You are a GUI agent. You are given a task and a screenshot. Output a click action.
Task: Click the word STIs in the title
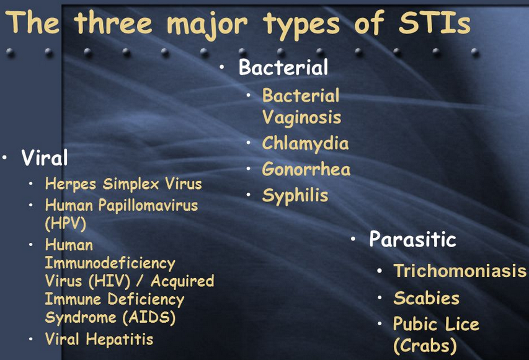pos(435,23)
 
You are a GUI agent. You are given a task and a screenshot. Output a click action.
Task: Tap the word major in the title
pos(208,25)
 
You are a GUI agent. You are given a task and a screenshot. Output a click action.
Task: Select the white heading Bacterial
pos(283,67)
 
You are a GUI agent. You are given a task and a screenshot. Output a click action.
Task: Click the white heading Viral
pos(44,157)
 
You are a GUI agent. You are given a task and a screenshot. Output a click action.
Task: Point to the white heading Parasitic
pos(412,239)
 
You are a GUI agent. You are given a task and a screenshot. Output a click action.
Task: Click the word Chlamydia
pos(305,144)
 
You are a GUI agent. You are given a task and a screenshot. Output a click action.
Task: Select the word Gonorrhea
pos(306,169)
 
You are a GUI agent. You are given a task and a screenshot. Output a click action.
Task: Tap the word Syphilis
pos(295,196)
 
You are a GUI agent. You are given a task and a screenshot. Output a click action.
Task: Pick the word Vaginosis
pos(301,118)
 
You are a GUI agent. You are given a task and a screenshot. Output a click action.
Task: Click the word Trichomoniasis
pos(460,271)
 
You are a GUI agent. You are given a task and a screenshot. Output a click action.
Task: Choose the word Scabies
pos(427,298)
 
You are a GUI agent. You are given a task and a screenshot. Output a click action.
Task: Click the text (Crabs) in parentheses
pos(425,346)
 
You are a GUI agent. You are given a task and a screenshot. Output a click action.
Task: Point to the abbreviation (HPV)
pos(66,223)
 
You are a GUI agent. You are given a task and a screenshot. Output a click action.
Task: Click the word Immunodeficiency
pos(110,263)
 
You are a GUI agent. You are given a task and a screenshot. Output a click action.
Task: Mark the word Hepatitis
pos(120,339)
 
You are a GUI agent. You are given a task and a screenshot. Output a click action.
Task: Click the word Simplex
pos(131,184)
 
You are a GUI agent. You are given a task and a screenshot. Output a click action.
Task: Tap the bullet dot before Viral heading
pos(4,157)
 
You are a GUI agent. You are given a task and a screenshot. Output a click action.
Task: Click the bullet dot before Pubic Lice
pos(380,324)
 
